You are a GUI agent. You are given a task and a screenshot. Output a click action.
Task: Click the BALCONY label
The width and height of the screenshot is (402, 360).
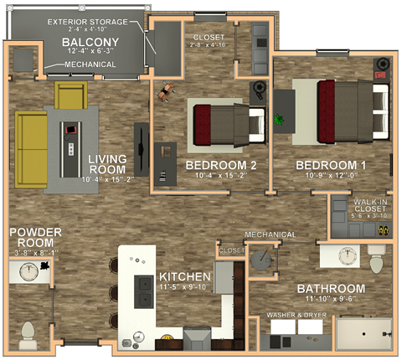[x=84, y=43]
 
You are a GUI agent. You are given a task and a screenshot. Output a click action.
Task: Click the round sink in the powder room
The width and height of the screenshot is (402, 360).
[x=31, y=271]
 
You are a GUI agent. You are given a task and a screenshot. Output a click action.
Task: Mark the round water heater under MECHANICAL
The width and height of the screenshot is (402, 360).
[x=263, y=261]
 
